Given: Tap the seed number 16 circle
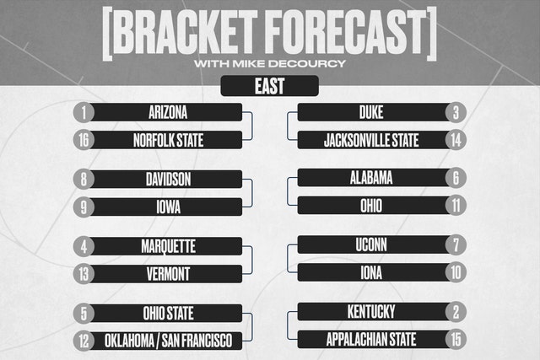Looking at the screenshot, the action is point(84,140).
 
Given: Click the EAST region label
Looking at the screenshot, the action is point(270,86).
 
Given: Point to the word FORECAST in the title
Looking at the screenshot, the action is point(347,32).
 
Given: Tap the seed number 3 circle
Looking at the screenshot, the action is point(456,112).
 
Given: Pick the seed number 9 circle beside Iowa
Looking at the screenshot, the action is point(84,207).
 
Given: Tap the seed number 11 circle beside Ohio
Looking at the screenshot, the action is point(456,206).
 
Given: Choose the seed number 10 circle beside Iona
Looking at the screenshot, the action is point(456,273).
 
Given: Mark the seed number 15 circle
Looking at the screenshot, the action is point(456,340).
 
